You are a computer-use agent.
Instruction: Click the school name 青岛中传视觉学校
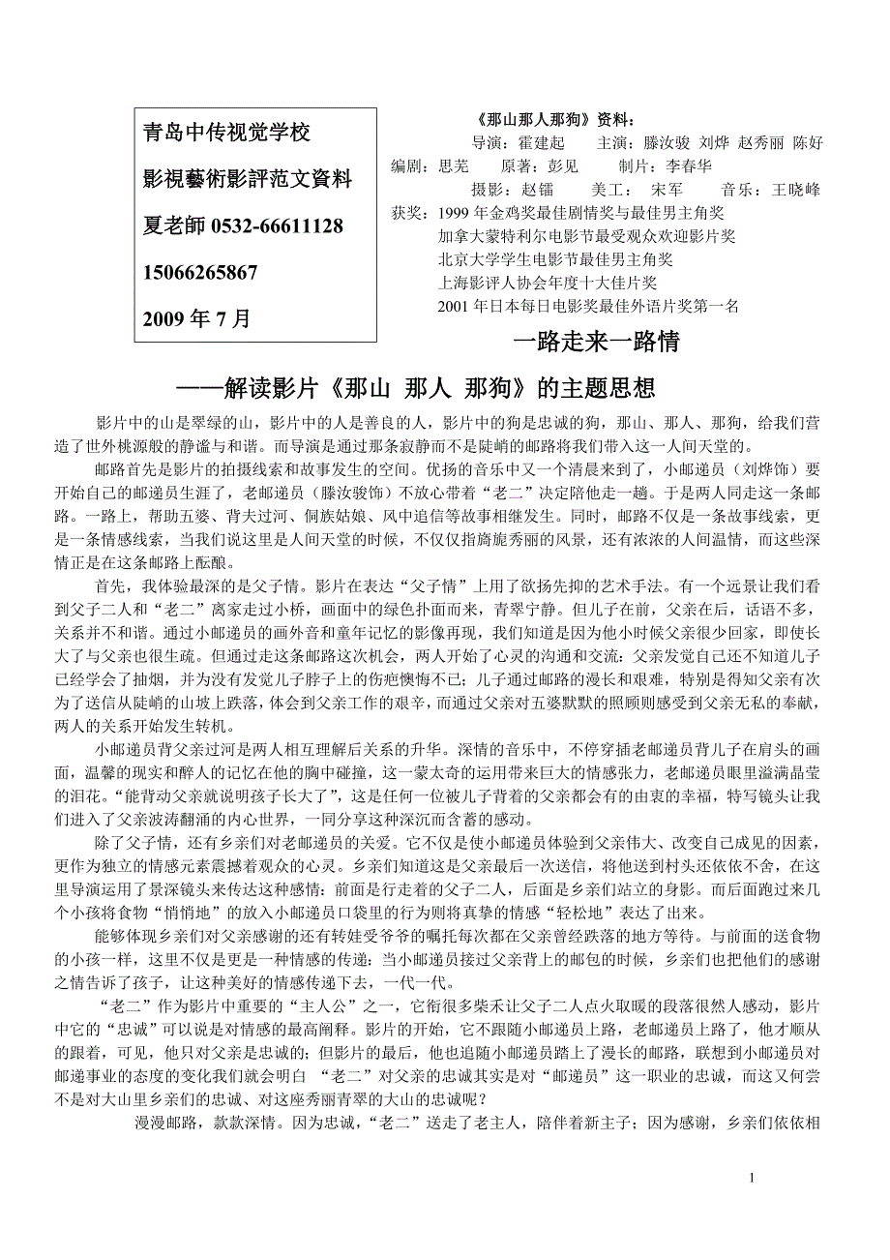(226, 133)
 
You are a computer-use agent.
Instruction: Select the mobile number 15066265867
(200, 273)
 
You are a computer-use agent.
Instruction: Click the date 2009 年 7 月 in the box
(196, 318)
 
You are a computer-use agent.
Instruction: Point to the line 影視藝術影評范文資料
(248, 179)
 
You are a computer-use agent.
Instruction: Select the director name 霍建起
(542, 143)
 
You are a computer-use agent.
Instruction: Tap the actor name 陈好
(808, 143)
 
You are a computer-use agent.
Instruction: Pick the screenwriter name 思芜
(454, 165)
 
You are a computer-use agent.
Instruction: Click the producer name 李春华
(688, 165)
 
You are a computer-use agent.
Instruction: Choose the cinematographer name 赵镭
(537, 189)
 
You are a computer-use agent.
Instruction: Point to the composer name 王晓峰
(796, 189)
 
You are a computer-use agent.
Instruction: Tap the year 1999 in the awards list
(454, 212)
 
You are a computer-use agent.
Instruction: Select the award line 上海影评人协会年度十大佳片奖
(547, 283)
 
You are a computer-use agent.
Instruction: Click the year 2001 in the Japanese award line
(454, 306)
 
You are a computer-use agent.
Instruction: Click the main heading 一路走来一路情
(595, 342)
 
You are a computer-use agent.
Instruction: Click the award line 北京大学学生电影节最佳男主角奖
(555, 259)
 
